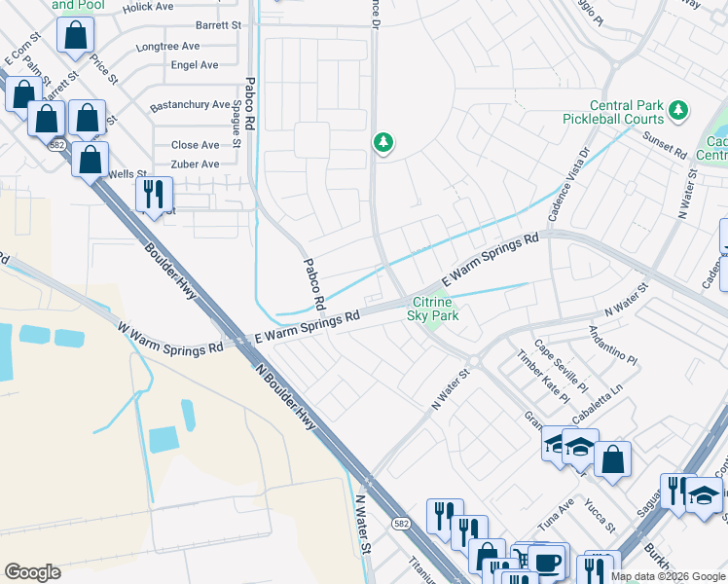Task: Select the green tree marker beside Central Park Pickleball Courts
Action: [680, 112]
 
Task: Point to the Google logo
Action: [32, 572]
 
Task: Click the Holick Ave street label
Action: [148, 7]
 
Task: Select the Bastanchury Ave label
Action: [190, 105]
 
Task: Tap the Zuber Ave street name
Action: [196, 164]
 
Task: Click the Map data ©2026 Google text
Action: [668, 576]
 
